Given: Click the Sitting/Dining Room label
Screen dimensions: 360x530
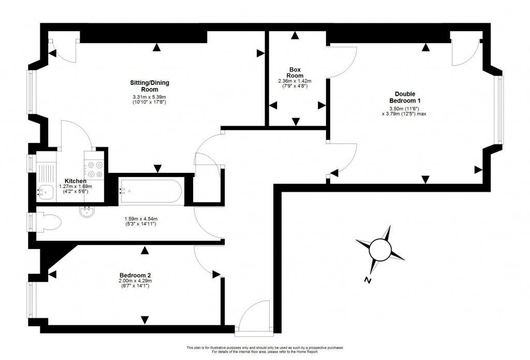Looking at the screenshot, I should pos(150,86).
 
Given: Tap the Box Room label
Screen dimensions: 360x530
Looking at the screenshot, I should pos(295,73).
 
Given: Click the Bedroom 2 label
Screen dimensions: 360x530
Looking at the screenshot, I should pos(135,275).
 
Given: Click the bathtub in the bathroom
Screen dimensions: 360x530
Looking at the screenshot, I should pos(151,191).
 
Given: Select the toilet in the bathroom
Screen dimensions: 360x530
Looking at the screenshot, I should pos(49,222).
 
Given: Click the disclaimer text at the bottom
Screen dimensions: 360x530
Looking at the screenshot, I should pos(264,350).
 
